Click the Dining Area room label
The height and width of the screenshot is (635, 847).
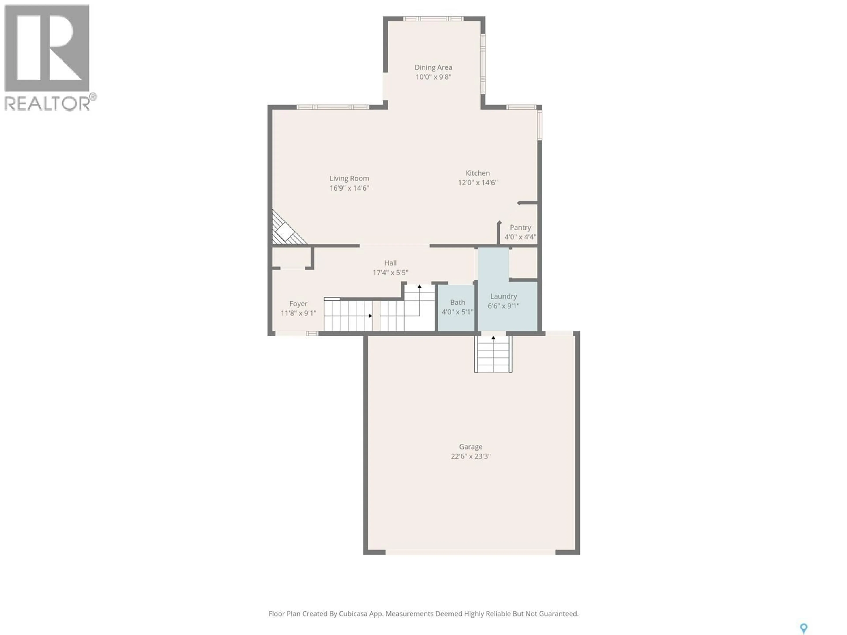[433, 67]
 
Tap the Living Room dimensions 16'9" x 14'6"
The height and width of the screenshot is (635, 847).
[349, 188]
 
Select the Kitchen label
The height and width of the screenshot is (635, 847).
[478, 173]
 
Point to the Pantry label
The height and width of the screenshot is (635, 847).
[520, 227]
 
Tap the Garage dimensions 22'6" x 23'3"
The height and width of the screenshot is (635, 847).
[471, 456]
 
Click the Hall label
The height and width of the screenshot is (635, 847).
[390, 263]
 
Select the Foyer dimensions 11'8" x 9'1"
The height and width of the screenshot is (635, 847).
[298, 313]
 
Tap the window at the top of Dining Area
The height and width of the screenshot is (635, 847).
[433, 18]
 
